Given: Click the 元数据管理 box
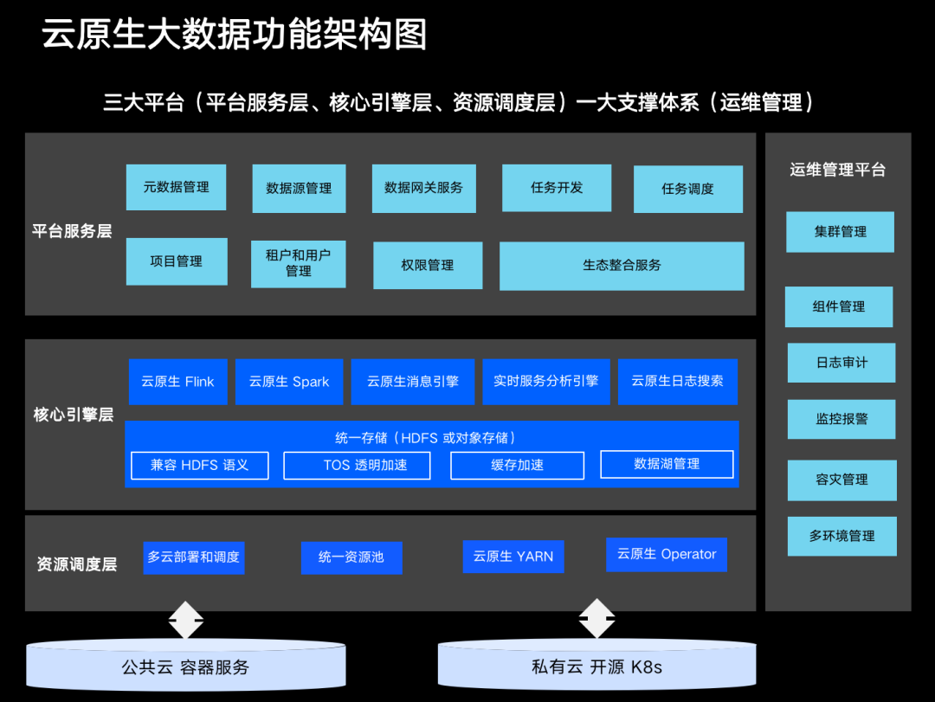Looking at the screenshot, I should click(176, 187).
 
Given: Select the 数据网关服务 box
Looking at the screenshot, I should click(423, 188).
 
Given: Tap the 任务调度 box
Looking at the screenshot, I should click(687, 189).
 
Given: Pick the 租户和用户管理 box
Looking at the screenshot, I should click(298, 263).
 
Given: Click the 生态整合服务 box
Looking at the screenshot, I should click(622, 266).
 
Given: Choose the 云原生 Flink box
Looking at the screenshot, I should click(177, 382).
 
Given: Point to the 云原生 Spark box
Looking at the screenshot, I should click(288, 382).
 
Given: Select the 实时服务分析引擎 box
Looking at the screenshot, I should click(545, 382).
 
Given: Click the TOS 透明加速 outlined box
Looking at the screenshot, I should click(365, 465).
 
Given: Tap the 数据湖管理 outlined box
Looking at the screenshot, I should click(667, 464).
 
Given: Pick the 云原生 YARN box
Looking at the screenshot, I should click(513, 557).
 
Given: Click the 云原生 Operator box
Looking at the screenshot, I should click(666, 554).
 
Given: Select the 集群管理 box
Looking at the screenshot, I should click(840, 232).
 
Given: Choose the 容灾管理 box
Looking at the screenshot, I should click(841, 480).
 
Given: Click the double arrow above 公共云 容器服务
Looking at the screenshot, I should click(185, 619).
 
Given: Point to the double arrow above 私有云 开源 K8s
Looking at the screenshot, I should click(596, 619).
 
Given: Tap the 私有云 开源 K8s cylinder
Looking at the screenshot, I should click(596, 667).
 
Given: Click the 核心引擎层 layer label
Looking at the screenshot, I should click(74, 415).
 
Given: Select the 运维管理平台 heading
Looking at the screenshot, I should click(837, 170).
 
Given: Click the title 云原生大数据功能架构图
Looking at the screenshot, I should click(235, 35).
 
